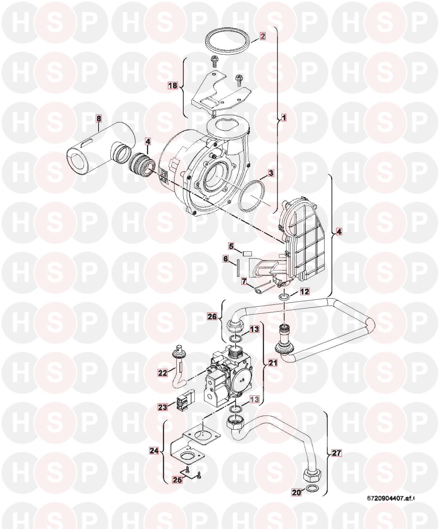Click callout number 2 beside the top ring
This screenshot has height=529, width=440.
point(262,36)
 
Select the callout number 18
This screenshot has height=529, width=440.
point(173,86)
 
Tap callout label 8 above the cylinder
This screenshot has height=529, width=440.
point(98,118)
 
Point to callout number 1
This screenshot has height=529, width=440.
point(284,118)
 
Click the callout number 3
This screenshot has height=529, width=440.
point(271,173)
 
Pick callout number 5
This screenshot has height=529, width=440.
point(231,246)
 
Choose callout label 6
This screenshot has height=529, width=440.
point(225,259)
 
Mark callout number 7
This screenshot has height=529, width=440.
point(244,281)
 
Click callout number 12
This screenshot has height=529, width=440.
point(305,291)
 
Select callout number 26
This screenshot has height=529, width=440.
point(212,316)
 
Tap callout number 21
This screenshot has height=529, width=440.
point(273,363)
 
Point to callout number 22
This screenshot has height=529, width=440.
point(163,373)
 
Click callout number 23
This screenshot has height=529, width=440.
point(163,407)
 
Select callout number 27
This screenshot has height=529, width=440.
point(336,453)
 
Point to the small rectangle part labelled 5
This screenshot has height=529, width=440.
point(240,253)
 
